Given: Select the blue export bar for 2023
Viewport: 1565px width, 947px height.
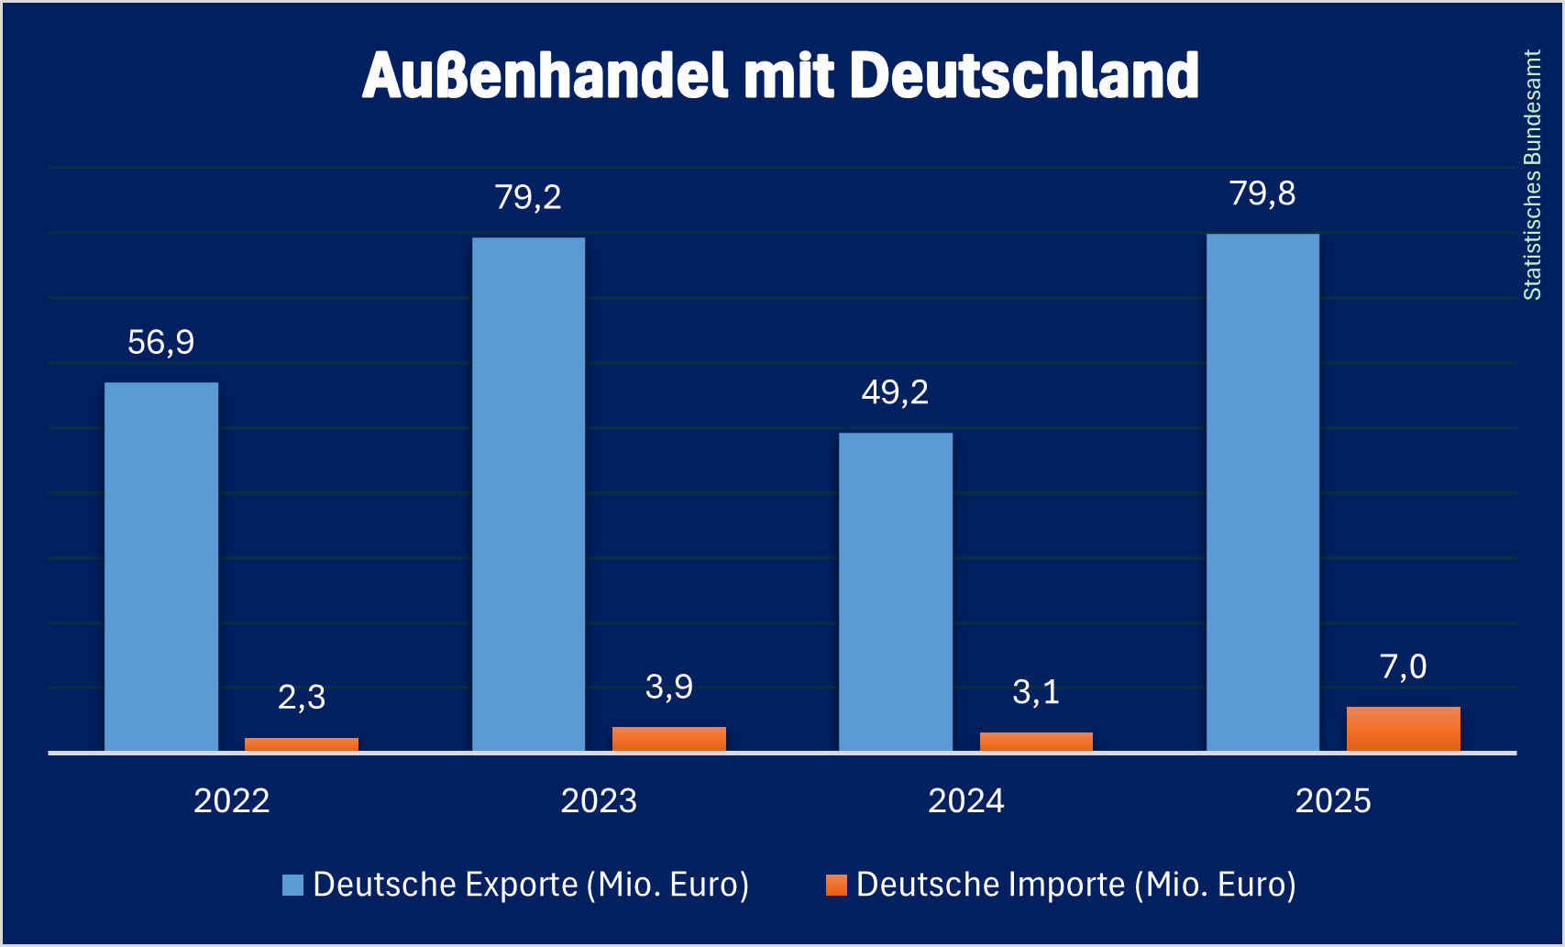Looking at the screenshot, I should pyautogui.click(x=528, y=495).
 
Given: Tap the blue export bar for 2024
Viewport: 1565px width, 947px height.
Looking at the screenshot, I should pyautogui.click(x=896, y=592).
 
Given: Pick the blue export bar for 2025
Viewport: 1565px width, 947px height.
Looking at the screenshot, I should pyautogui.click(x=1262, y=493).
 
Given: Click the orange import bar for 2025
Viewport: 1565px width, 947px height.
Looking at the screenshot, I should pyautogui.click(x=1403, y=730).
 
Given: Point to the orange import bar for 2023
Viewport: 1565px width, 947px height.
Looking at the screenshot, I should pyautogui.click(x=668, y=740).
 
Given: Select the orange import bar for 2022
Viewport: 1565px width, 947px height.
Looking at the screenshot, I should pyautogui.click(x=301, y=744).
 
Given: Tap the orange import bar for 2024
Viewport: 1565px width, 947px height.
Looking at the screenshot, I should pyautogui.click(x=1036, y=742).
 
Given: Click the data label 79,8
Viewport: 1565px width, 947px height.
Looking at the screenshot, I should pyautogui.click(x=1262, y=193).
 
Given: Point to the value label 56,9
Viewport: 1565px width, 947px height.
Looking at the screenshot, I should pyautogui.click(x=161, y=343).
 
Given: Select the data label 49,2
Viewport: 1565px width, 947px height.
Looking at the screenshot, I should pyautogui.click(x=896, y=392).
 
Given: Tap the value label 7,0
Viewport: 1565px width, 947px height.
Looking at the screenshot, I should pyautogui.click(x=1403, y=666).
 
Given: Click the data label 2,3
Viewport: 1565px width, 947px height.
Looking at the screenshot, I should pyautogui.click(x=301, y=698).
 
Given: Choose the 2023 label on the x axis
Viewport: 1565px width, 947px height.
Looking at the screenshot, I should pyautogui.click(x=599, y=801).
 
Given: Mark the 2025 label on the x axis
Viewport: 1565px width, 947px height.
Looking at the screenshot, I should pyautogui.click(x=1333, y=801).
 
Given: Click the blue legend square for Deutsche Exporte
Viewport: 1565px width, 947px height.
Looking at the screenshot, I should pyautogui.click(x=292, y=885).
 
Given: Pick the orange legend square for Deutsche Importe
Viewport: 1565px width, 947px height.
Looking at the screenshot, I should pyautogui.click(x=836, y=885).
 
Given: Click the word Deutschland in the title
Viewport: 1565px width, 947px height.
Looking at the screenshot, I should pyautogui.click(x=1024, y=75).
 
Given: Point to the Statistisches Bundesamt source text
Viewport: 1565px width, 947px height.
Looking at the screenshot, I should pyautogui.click(x=1532, y=174).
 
